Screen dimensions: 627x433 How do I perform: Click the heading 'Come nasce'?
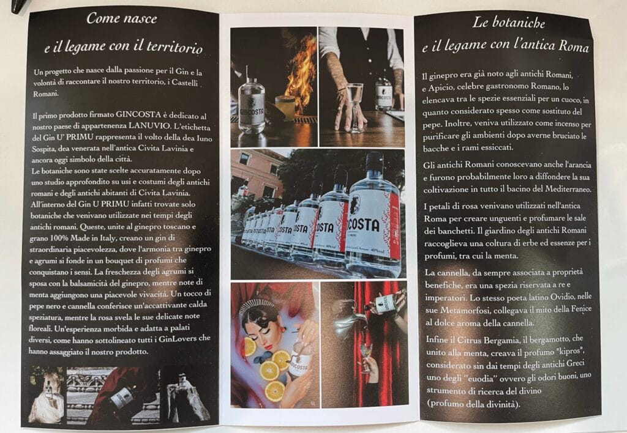coord(122,18)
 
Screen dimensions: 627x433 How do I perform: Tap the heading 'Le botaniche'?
coord(508,23)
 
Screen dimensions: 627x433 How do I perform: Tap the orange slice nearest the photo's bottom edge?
coord(276,391)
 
